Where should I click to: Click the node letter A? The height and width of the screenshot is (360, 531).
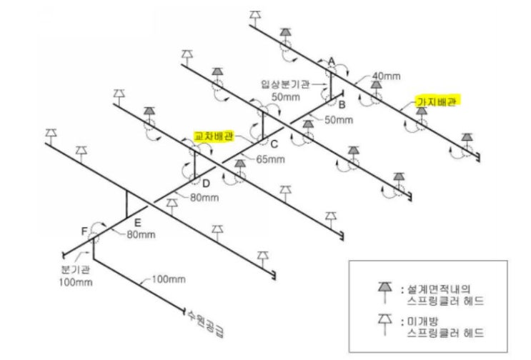pyautogui.click(x=332, y=61)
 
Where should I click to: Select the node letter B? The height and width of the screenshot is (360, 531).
pyautogui.click(x=342, y=104)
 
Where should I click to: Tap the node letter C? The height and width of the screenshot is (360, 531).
pyautogui.click(x=274, y=144)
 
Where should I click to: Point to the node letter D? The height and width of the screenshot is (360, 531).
pyautogui.click(x=206, y=184)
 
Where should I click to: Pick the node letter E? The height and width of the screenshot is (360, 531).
pyautogui.click(x=137, y=223)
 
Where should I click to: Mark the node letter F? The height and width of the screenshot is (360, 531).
pyautogui.click(x=84, y=231)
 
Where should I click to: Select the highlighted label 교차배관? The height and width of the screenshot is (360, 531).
pyautogui.click(x=214, y=136)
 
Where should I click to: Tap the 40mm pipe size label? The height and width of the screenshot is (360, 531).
pyautogui.click(x=387, y=76)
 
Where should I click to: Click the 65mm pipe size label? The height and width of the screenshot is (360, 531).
pyautogui.click(x=271, y=159)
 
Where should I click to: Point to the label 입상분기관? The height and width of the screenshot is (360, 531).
pyautogui.click(x=285, y=84)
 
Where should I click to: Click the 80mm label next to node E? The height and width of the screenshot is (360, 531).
pyautogui.click(x=142, y=234)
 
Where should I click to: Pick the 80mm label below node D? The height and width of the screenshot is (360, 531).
pyautogui.click(x=204, y=197)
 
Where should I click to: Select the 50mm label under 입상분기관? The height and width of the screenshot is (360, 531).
pyautogui.click(x=286, y=96)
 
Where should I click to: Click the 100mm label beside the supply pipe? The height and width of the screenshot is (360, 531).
pyautogui.click(x=169, y=279)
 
